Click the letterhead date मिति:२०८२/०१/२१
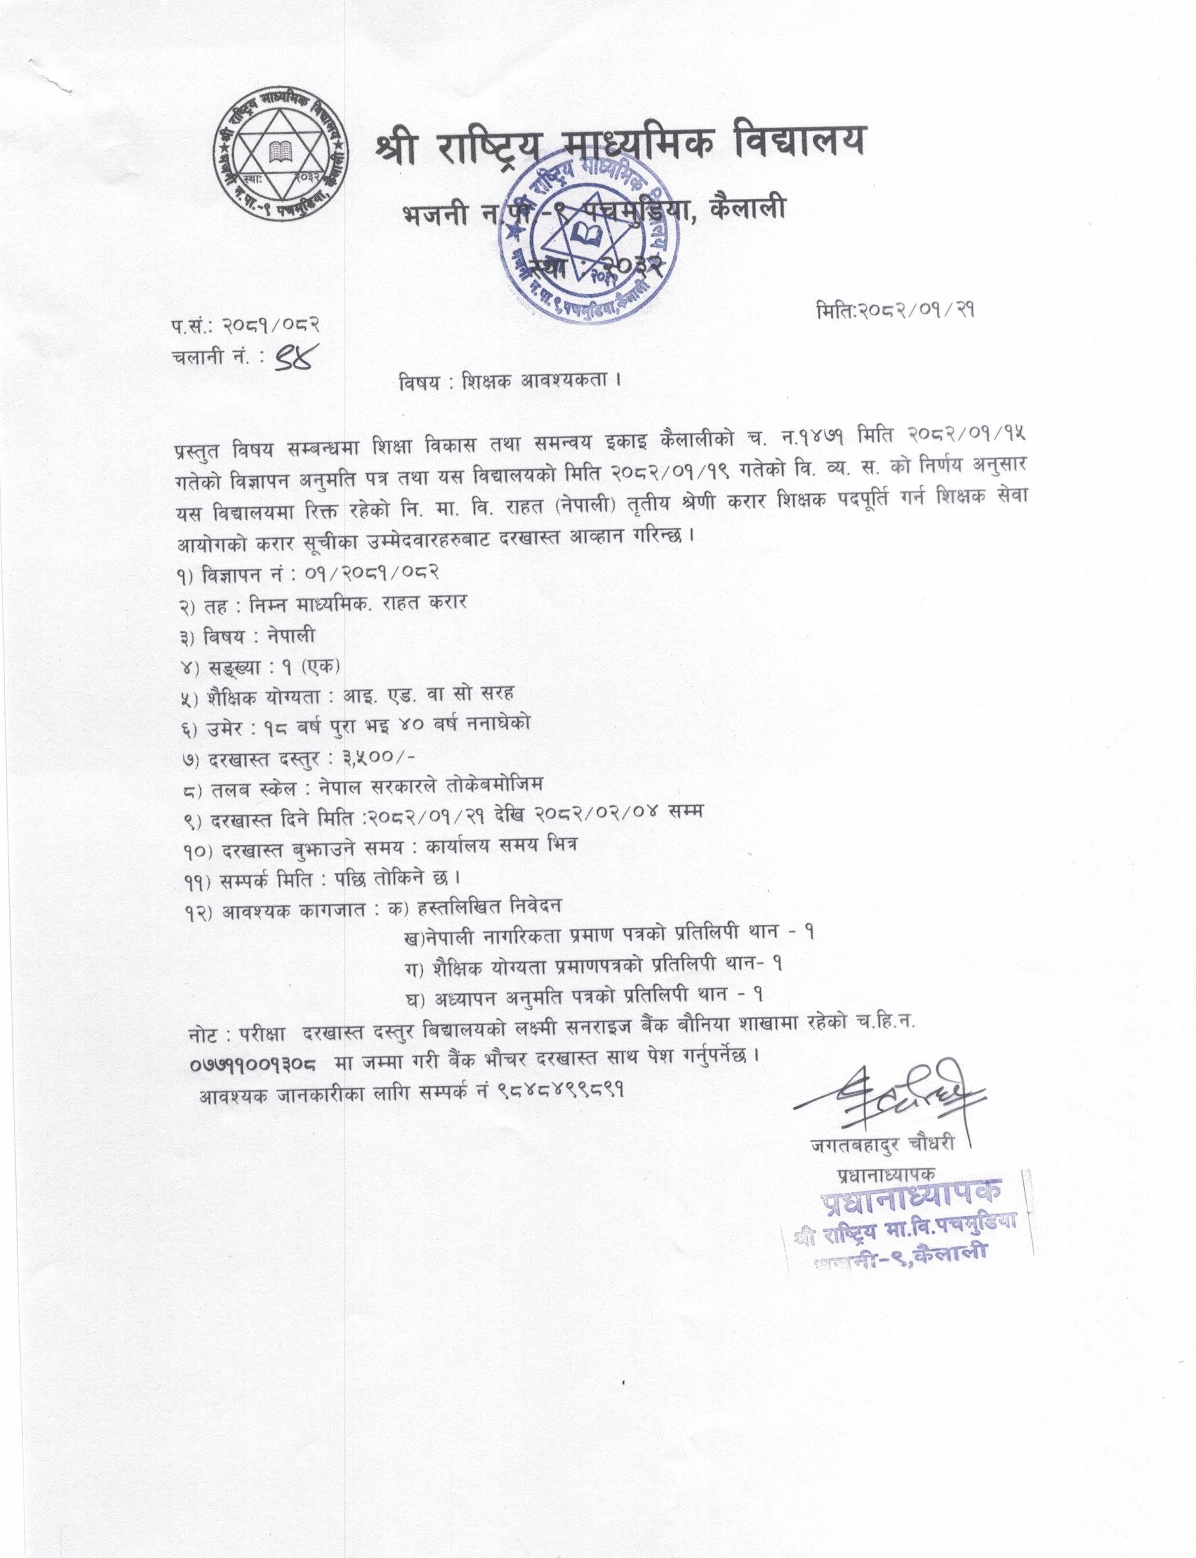tap(895, 310)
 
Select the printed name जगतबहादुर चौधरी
tap(883, 1144)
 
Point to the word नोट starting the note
tap(206, 1033)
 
